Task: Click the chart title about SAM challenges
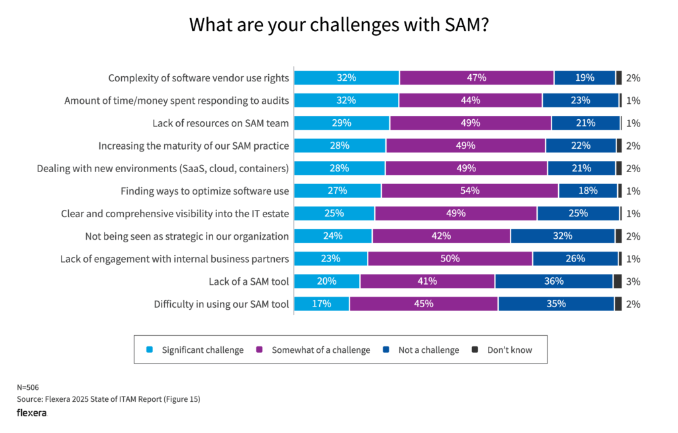click(339, 24)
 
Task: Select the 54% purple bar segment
click(469, 191)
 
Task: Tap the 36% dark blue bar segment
click(554, 281)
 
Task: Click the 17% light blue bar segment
click(322, 304)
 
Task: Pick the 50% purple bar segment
click(450, 258)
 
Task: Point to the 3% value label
click(633, 281)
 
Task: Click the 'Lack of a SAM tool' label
click(248, 281)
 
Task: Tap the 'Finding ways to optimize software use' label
click(205, 191)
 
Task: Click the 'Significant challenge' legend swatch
click(149, 350)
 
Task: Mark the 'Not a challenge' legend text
click(428, 350)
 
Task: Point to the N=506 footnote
click(28, 387)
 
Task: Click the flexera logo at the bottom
click(31, 412)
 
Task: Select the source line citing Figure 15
click(108, 399)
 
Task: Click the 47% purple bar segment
click(476, 77)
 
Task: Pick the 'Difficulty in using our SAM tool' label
click(221, 304)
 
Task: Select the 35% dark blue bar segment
click(556, 304)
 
